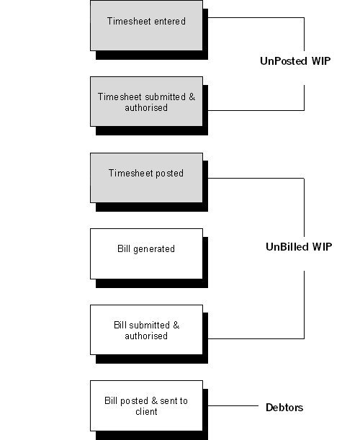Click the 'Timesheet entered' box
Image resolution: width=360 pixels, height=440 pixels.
[146, 25]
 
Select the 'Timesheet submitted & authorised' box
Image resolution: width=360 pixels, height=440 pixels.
[146, 102]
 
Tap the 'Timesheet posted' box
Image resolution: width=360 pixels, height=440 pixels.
[146, 177]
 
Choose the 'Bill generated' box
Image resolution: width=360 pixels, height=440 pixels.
[146, 253]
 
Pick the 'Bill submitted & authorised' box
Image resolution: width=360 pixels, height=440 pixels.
[146, 330]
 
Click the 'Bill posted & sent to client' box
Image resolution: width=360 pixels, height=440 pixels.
[146, 406]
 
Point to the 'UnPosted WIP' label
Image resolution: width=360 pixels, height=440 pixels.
[295, 61]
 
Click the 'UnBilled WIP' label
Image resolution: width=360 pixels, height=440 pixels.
[298, 247]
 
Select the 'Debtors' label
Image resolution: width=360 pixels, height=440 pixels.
[284, 408]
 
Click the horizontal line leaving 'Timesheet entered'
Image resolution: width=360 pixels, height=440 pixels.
[252, 18]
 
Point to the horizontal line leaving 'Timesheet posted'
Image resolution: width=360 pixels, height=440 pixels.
[252, 178]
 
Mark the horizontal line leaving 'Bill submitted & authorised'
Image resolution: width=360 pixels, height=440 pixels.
[252, 338]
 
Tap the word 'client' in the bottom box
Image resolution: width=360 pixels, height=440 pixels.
[146, 412]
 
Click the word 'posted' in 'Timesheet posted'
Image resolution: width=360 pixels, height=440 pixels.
[169, 173]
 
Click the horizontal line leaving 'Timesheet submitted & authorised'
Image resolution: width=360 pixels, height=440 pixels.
[252, 110]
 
